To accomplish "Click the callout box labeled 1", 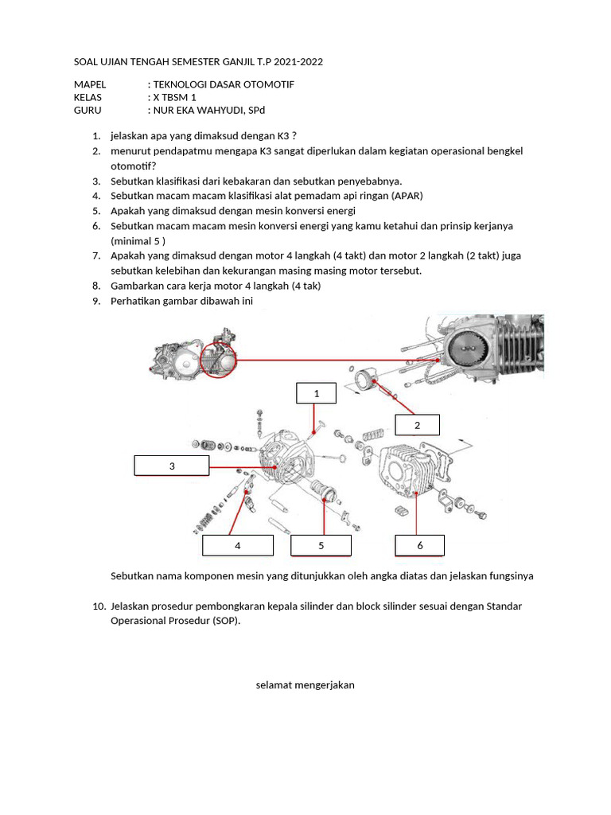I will click(x=316, y=393).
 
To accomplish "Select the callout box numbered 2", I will click(x=417, y=425).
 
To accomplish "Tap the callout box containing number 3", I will click(x=171, y=466).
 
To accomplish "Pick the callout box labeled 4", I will click(x=237, y=545).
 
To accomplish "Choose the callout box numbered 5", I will click(x=321, y=545).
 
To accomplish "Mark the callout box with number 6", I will click(x=420, y=545).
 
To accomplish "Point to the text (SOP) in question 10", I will click(x=225, y=621).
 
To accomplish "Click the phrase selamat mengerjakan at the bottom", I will click(x=305, y=684).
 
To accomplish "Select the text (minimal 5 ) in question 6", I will click(x=138, y=240).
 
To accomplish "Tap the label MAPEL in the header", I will click(x=89, y=84).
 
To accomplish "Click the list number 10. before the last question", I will click(x=99, y=606).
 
